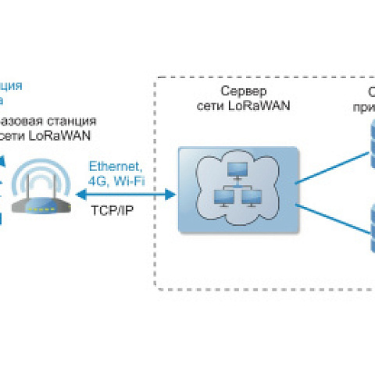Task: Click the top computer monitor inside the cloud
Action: pos(236,169)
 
